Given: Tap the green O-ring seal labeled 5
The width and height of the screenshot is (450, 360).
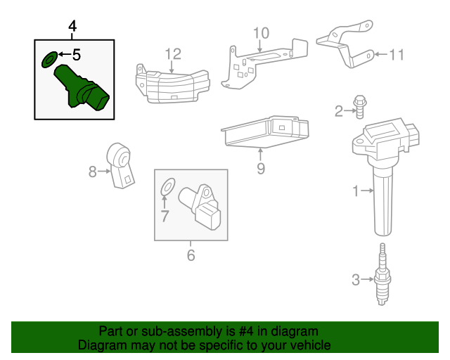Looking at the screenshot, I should (x=49, y=59).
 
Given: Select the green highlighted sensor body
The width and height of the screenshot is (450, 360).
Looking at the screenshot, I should (x=82, y=89).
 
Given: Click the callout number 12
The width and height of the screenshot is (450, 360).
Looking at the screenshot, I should (x=173, y=53).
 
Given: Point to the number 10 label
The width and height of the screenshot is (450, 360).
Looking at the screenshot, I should (x=260, y=33).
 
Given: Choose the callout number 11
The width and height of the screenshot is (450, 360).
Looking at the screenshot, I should (x=397, y=53).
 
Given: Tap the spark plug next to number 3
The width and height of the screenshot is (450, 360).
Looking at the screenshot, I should (x=382, y=277).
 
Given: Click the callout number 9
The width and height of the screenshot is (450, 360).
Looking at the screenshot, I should (x=260, y=168).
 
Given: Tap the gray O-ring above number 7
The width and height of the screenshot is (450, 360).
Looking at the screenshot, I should (x=167, y=188).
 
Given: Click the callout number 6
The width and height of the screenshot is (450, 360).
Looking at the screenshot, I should (x=191, y=255).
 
